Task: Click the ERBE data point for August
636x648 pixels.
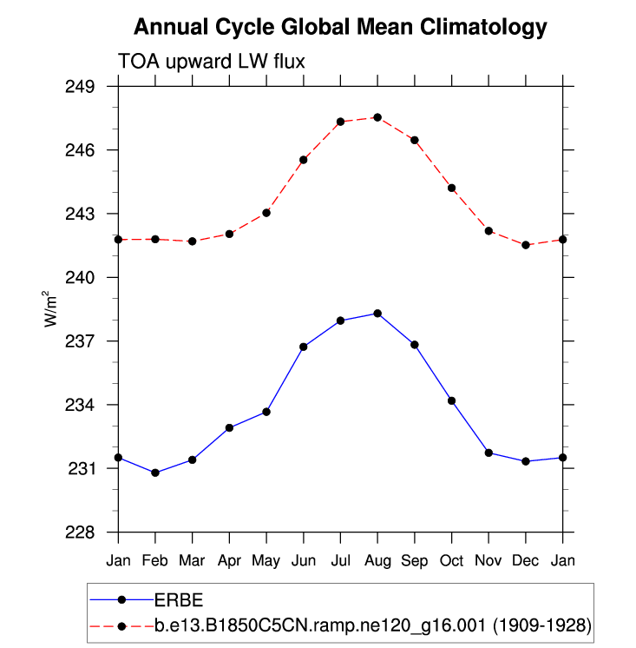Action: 377,313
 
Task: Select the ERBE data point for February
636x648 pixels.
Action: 155,473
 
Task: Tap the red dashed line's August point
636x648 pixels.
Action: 377,117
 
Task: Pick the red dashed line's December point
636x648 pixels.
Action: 526,245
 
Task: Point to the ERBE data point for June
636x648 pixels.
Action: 304,347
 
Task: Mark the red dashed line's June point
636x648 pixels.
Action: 304,160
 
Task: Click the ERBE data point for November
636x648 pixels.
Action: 488,453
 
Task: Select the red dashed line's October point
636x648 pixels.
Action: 451,188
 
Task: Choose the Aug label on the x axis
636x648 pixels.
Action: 377,559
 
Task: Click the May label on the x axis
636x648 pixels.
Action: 266,559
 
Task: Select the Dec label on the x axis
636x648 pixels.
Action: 526,559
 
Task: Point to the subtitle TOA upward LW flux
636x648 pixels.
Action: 212,61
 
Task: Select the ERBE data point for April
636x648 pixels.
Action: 229,427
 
